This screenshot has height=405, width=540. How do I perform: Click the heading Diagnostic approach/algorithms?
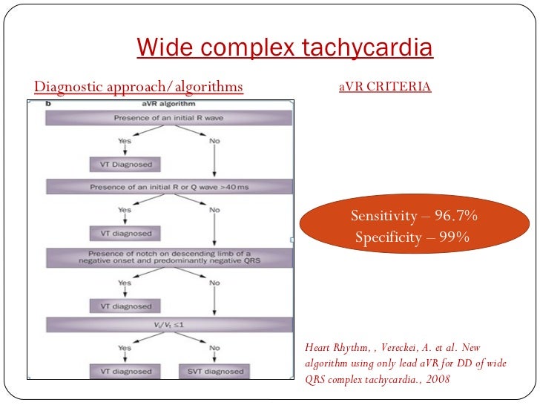[x=139, y=87]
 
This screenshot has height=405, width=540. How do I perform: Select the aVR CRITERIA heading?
[x=384, y=87]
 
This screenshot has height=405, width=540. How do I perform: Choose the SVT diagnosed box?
[x=214, y=371]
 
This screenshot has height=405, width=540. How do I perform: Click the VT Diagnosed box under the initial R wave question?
[x=125, y=164]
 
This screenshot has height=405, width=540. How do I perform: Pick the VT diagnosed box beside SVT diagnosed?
[x=125, y=371]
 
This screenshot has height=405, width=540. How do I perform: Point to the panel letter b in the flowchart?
[x=49, y=105]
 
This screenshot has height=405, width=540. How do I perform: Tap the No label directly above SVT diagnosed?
[x=214, y=348]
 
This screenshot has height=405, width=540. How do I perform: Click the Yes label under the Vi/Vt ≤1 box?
[x=125, y=348]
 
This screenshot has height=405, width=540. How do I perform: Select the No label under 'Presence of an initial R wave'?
[x=214, y=141]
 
